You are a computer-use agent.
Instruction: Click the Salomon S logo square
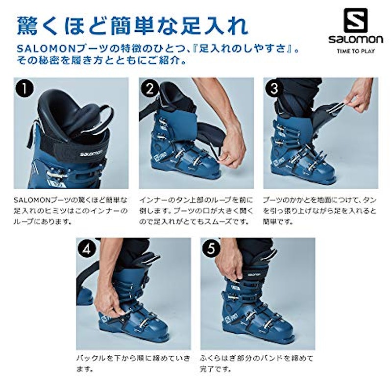coord(356,20)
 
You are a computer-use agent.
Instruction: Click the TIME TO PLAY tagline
coord(356,51)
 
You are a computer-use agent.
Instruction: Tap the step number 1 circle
coord(24,88)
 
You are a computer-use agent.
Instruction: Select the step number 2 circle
coord(150,88)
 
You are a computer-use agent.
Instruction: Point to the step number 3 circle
coord(274,88)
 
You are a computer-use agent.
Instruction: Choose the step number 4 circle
coord(87,249)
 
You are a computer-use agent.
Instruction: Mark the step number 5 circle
coord(211,249)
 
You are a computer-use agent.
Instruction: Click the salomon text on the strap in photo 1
coord(91,153)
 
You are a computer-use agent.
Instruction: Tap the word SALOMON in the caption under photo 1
coord(32,200)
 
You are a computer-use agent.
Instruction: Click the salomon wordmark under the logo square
coord(356,39)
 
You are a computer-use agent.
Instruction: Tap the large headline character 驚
coord(27,26)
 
